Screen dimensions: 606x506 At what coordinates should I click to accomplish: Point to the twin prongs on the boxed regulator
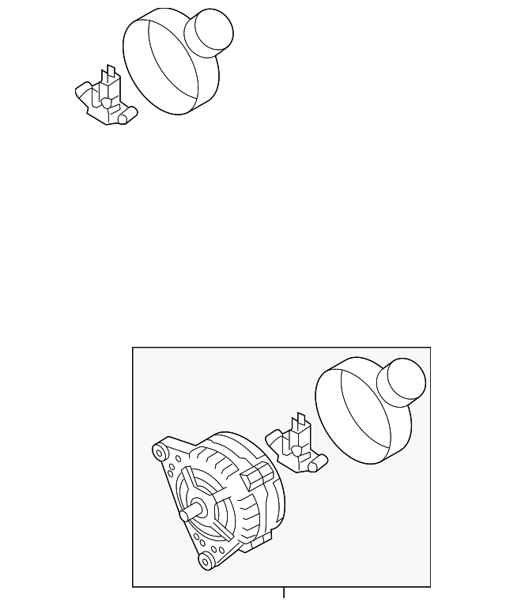[300, 423]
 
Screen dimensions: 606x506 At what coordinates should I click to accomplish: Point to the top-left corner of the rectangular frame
[133, 348]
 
